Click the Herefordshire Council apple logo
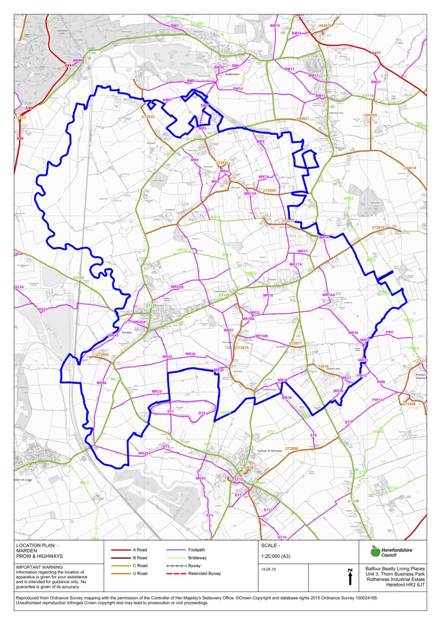pyautogui.click(x=375, y=551)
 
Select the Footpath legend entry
pyautogui.click(x=197, y=550)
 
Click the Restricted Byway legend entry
pyautogui.click(x=204, y=573)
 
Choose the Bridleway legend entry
pyautogui.click(x=197, y=558)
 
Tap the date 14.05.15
pyautogui.click(x=268, y=569)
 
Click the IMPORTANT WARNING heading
pyautogui.click(x=39, y=567)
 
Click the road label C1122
pyautogui.click(x=79, y=278)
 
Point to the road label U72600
pyautogui.click(x=291, y=449)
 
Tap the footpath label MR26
pyautogui.click(x=190, y=354)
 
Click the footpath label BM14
pyautogui.click(x=238, y=89)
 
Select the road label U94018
pyautogui.click(x=409, y=168)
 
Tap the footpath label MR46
pyautogui.click(x=101, y=383)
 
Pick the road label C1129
pyautogui.click(x=353, y=501)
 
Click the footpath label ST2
pyautogui.click(x=202, y=413)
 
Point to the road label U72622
pyautogui.click(x=148, y=117)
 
